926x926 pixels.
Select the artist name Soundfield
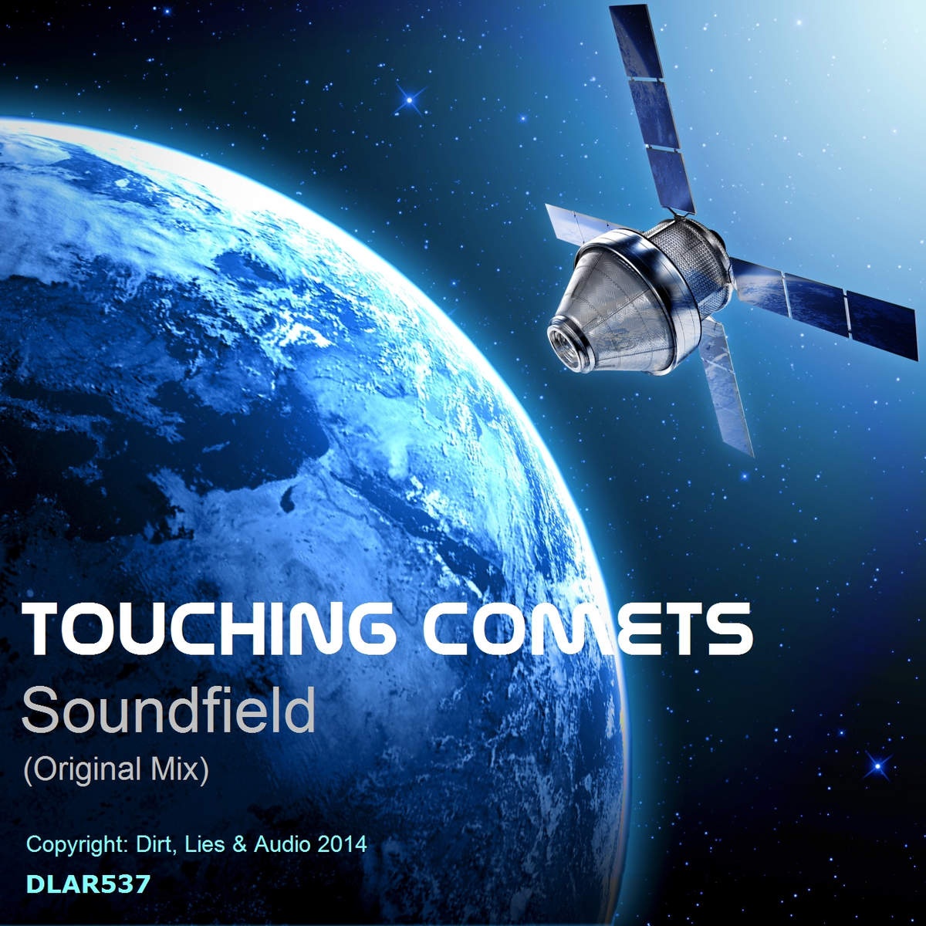point(168,710)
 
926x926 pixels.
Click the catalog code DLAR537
point(89,884)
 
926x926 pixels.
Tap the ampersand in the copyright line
point(240,844)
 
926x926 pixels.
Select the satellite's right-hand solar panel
point(824,308)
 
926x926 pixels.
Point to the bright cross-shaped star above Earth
point(410,100)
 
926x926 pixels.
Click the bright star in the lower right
point(877,765)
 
